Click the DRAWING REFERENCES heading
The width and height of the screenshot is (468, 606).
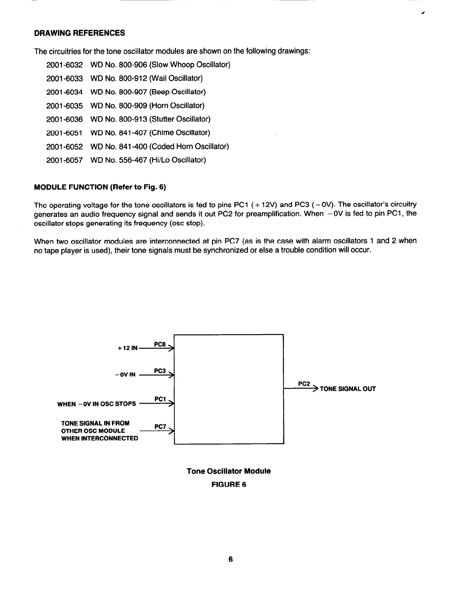click(80, 33)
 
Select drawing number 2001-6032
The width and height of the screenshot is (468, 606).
click(64, 65)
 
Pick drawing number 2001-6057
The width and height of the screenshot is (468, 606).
click(64, 160)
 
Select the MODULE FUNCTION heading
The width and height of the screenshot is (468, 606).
click(100, 187)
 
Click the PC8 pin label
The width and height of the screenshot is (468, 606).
click(159, 344)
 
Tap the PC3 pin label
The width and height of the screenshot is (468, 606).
click(159, 371)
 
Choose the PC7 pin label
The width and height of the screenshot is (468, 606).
click(160, 426)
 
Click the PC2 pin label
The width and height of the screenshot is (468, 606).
click(304, 384)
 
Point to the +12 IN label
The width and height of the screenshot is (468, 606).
click(127, 348)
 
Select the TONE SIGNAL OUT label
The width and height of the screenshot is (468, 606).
click(348, 389)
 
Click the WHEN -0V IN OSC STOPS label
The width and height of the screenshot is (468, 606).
click(96, 404)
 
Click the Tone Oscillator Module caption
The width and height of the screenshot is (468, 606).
click(229, 471)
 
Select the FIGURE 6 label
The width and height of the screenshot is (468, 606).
click(229, 484)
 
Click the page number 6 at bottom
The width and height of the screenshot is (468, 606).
click(231, 559)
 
